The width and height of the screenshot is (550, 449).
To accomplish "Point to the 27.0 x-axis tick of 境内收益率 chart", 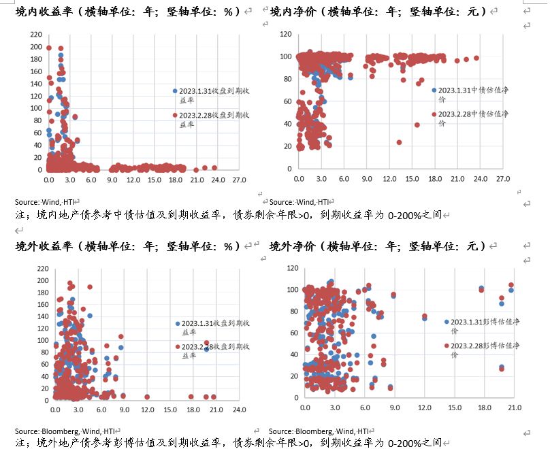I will (x=239, y=180).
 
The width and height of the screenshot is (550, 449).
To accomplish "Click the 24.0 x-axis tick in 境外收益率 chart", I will (x=239, y=410).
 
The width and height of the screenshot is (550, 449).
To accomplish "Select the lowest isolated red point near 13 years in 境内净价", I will (x=399, y=143).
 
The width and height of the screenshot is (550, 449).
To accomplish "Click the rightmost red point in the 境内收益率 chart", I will (x=214, y=167).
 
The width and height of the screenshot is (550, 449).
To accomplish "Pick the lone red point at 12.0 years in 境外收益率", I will (x=147, y=397).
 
